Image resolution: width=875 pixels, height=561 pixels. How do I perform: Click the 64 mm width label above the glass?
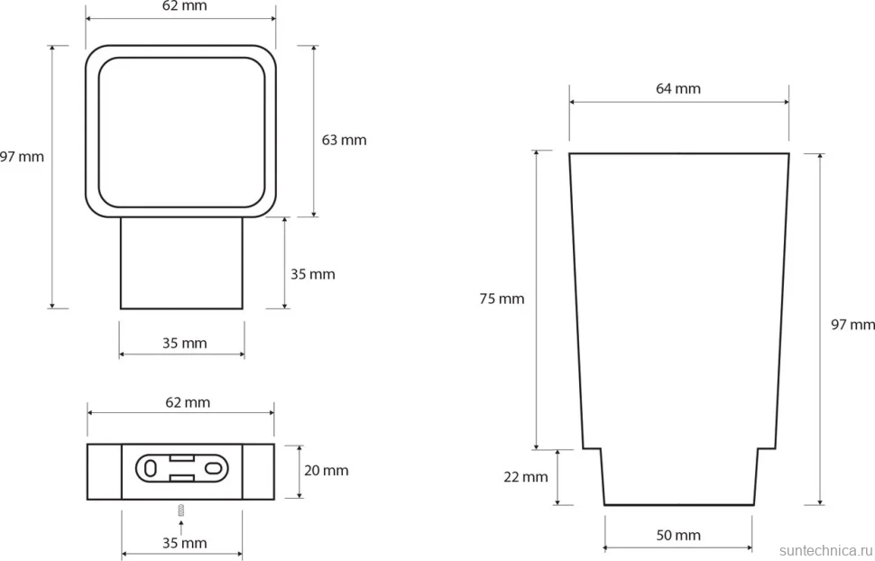(x=678, y=88)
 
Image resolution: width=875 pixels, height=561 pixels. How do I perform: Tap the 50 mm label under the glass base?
(x=678, y=536)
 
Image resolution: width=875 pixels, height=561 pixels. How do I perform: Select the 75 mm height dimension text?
(x=502, y=299)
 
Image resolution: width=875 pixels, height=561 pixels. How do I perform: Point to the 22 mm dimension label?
(x=526, y=477)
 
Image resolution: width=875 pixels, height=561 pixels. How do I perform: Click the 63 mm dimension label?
(x=344, y=140)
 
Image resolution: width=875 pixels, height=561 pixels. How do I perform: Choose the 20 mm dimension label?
(x=326, y=471)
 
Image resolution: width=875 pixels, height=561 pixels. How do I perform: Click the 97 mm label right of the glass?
(x=852, y=325)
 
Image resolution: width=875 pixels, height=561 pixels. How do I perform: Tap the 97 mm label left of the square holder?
(x=22, y=157)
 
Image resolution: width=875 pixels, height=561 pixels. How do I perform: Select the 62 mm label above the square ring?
(x=184, y=6)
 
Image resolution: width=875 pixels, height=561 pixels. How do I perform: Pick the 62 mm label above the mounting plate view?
(x=188, y=402)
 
